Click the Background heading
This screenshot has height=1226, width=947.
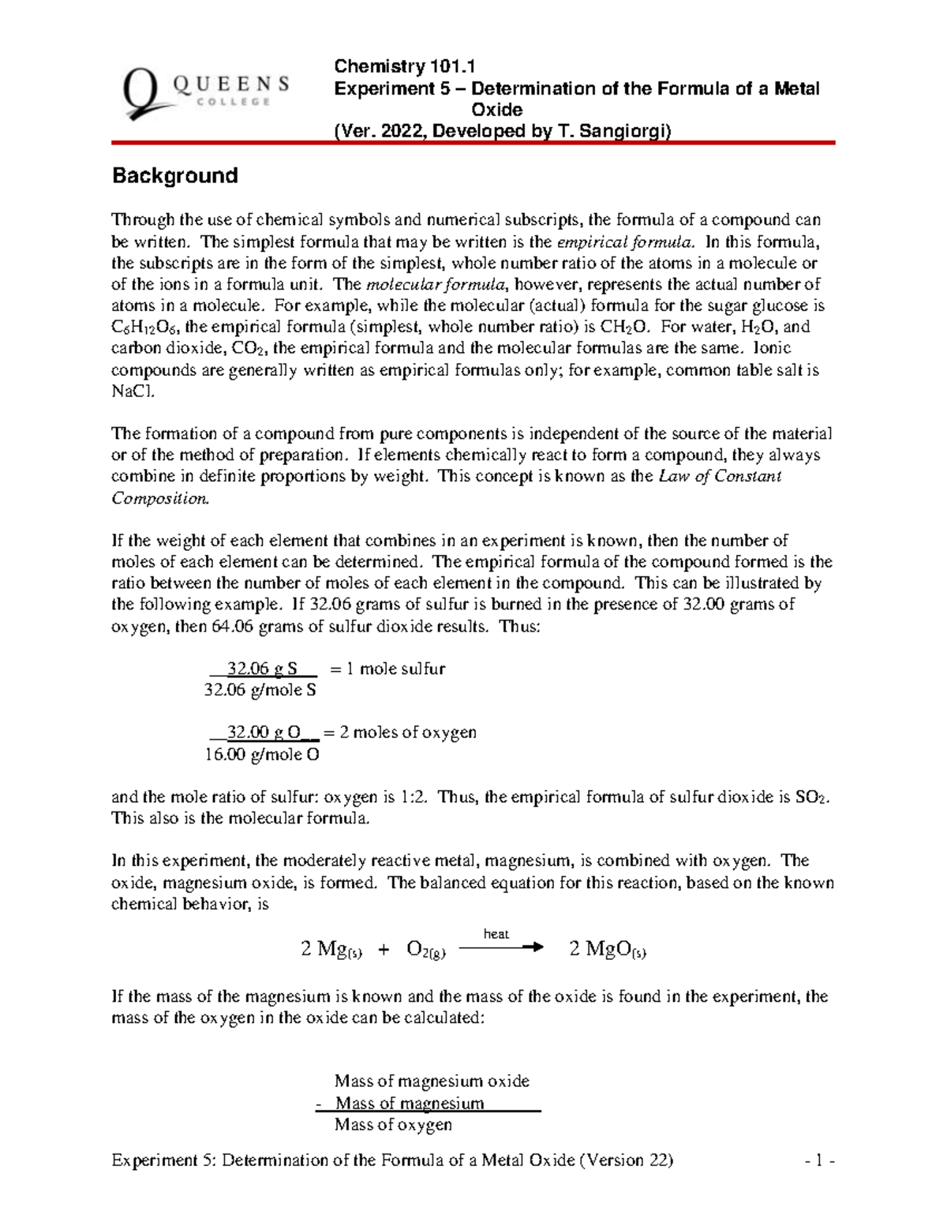(174, 175)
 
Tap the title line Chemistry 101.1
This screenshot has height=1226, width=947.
(404, 66)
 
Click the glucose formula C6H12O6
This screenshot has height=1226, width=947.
(152, 328)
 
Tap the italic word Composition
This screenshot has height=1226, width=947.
(160, 498)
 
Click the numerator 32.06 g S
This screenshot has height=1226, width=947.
(262, 669)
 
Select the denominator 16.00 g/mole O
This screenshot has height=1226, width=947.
(261, 755)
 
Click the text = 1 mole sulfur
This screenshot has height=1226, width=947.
(387, 669)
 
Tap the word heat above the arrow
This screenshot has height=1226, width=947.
(496, 934)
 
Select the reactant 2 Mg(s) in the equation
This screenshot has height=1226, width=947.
(331, 950)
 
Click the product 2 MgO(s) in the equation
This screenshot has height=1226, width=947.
(608, 950)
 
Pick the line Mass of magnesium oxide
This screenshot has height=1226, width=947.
(432, 1081)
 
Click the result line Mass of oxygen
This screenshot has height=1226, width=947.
(393, 1124)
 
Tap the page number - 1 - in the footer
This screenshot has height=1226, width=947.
(820, 1160)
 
